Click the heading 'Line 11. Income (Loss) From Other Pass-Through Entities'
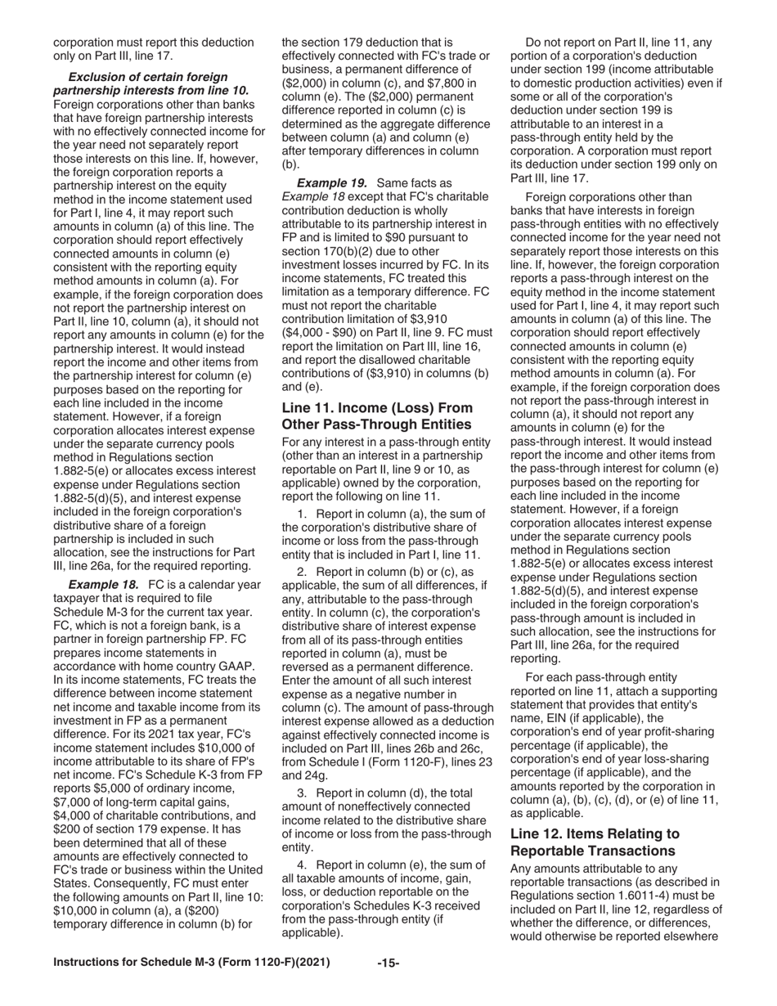pos(376,415)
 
